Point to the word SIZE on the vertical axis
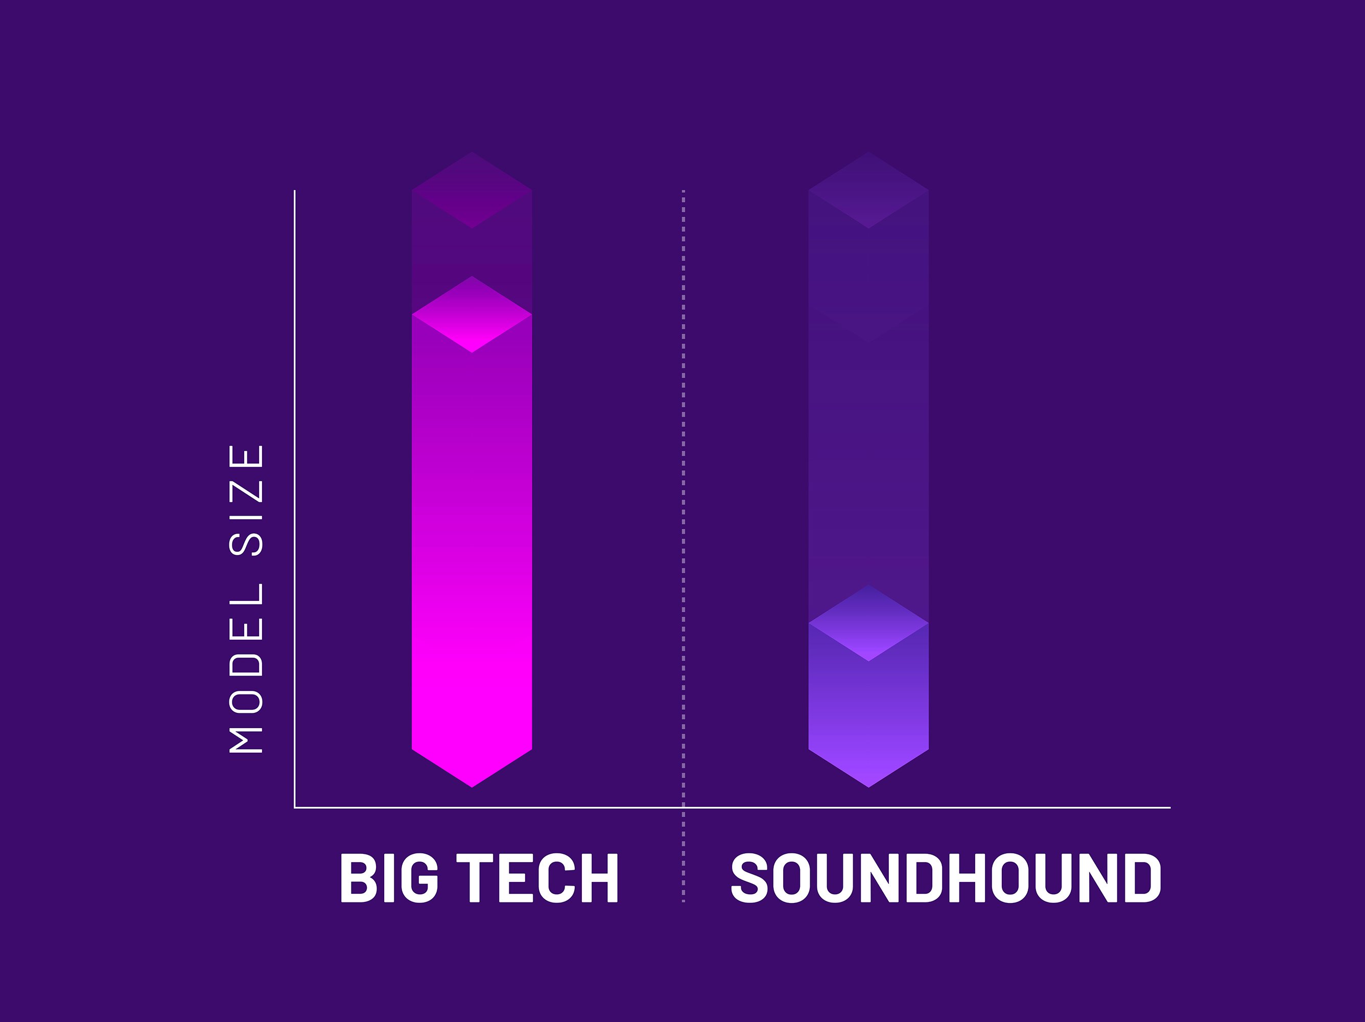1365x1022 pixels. pos(246,500)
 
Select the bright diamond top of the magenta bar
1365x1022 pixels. pos(472,315)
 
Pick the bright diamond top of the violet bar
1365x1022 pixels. pos(869,623)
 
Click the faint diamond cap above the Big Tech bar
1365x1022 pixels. pos(472,190)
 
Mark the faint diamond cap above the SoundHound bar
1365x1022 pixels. pos(869,190)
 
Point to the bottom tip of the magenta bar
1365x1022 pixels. pos(472,787)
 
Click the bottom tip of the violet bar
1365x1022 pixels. pos(869,787)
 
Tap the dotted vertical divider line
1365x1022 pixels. pos(683,546)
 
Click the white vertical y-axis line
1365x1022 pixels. pos(295,499)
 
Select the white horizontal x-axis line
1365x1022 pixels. pos(733,807)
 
